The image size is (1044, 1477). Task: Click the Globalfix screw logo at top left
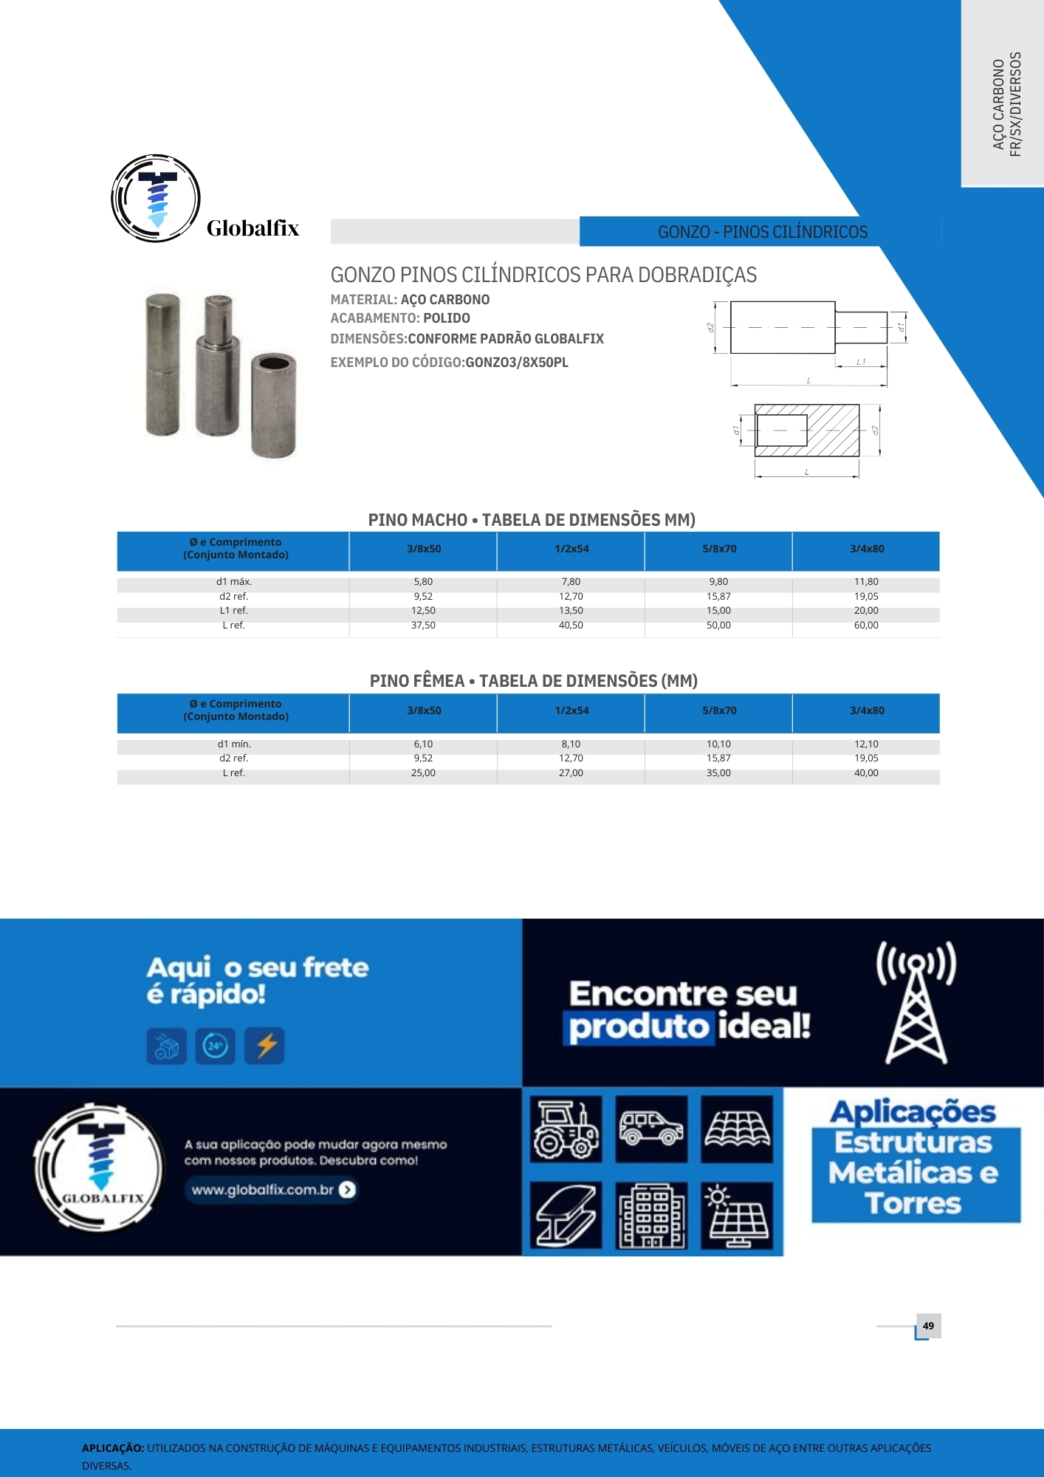pos(156,199)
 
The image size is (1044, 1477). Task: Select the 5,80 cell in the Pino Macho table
pos(423,582)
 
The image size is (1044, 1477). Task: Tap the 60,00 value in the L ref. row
pos(866,626)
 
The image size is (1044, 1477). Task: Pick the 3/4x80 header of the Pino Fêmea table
pos(867,710)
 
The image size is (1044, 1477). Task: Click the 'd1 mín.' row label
pos(234,744)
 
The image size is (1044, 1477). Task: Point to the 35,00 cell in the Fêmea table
pos(718,773)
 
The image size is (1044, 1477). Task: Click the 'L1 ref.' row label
pos(234,611)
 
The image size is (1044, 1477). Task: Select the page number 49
pos(928,1326)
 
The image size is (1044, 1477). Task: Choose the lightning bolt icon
pos(265,1046)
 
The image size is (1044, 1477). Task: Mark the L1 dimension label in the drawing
pos(861,362)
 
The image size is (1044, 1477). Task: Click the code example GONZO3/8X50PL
pos(517,363)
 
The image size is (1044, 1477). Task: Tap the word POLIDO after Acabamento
pos(447,318)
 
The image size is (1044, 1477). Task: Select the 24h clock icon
pos(215,1046)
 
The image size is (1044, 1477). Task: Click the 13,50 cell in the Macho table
pos(571,611)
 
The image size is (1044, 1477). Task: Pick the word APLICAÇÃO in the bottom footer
pos(113,1448)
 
